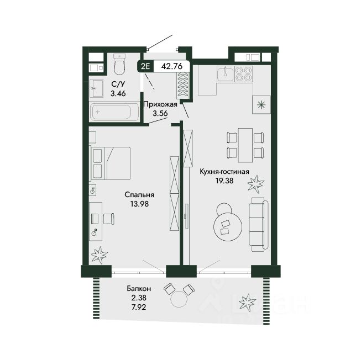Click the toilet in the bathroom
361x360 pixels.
click(120, 65)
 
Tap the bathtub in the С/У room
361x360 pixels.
click(114, 112)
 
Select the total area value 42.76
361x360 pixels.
click(172, 66)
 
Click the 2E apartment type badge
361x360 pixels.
click(145, 66)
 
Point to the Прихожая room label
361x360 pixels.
click(160, 104)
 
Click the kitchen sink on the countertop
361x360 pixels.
click(225, 73)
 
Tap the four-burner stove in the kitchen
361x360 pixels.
click(244, 73)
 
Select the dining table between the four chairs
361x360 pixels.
click(245, 145)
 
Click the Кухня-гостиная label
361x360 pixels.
click(224, 172)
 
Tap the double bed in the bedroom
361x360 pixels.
click(110, 163)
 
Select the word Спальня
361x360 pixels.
click(139, 195)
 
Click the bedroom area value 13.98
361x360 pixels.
click(139, 204)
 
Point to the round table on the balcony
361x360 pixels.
click(180, 299)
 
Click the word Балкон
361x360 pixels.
click(139, 288)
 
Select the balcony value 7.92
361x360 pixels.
click(139, 307)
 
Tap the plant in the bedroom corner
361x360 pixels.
click(100, 255)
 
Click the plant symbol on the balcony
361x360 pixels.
click(248, 301)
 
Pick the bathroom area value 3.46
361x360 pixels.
click(118, 93)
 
